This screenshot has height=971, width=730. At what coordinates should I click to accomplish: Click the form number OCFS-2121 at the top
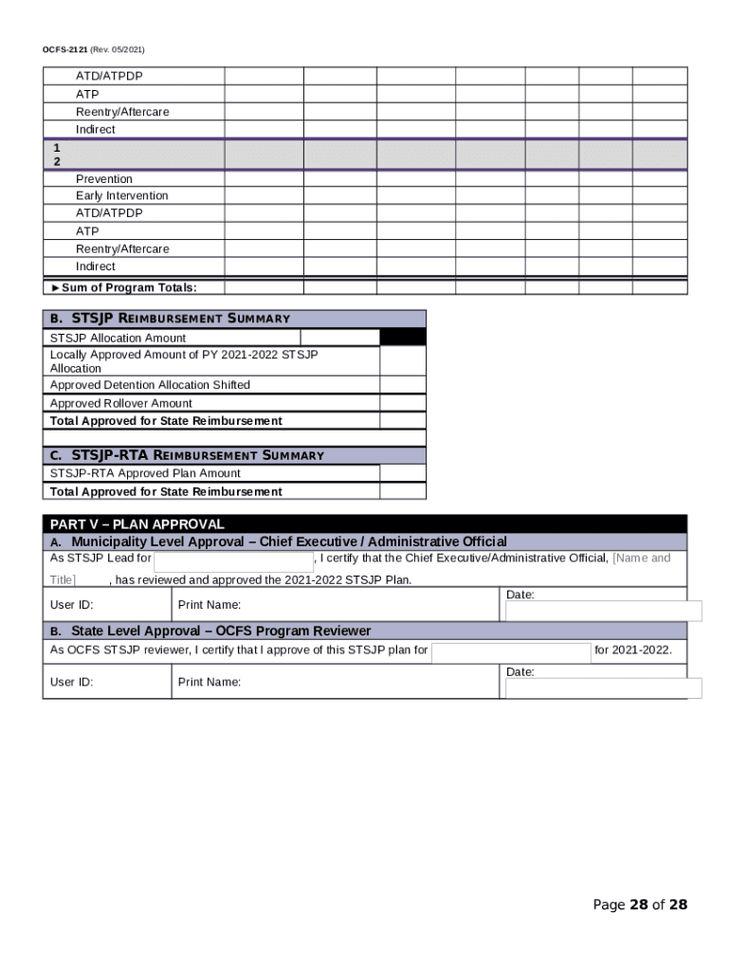[x=64, y=49]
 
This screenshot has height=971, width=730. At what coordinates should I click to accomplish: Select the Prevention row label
[x=104, y=178]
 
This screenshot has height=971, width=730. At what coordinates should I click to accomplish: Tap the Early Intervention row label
[x=122, y=195]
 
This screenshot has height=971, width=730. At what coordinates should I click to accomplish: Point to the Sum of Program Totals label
[x=123, y=287]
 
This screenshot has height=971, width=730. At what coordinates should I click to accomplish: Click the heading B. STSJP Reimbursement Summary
[x=170, y=319]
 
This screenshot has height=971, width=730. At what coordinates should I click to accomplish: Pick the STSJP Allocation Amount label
[x=118, y=338]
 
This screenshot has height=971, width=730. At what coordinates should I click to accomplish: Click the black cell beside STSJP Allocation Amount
[x=403, y=338]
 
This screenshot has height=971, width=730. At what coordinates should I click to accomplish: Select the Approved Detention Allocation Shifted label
[x=150, y=385]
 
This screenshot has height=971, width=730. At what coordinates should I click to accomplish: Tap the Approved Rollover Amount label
[x=120, y=403]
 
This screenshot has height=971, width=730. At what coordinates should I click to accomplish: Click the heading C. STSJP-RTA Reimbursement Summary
[x=187, y=455]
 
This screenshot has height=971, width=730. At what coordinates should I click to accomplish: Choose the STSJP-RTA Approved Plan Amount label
[x=145, y=473]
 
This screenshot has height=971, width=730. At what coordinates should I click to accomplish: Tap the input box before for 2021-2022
[x=511, y=651]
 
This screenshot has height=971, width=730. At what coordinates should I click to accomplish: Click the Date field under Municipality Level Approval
[x=603, y=611]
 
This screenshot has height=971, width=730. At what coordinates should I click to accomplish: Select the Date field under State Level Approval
[x=603, y=687]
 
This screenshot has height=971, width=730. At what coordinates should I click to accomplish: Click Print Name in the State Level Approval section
[x=210, y=682]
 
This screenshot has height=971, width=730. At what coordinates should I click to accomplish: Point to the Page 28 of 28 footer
[x=640, y=905]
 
